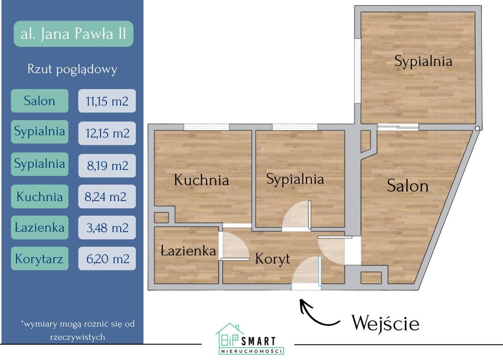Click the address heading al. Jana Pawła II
click(x=74, y=34)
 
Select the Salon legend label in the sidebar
click(x=39, y=101)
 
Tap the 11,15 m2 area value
click(x=107, y=101)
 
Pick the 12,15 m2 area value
click(x=107, y=133)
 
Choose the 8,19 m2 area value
click(x=107, y=165)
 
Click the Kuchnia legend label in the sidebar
click(x=39, y=197)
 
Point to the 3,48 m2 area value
click(x=107, y=227)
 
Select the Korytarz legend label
click(x=39, y=259)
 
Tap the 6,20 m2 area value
click(x=107, y=259)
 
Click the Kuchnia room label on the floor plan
click(x=201, y=180)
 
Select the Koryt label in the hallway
click(x=273, y=259)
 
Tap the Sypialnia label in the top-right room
click(x=423, y=61)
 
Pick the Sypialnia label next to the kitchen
click(x=295, y=179)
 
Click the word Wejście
click(x=385, y=323)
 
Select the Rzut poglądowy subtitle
click(x=73, y=69)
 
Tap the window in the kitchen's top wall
click(x=207, y=127)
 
